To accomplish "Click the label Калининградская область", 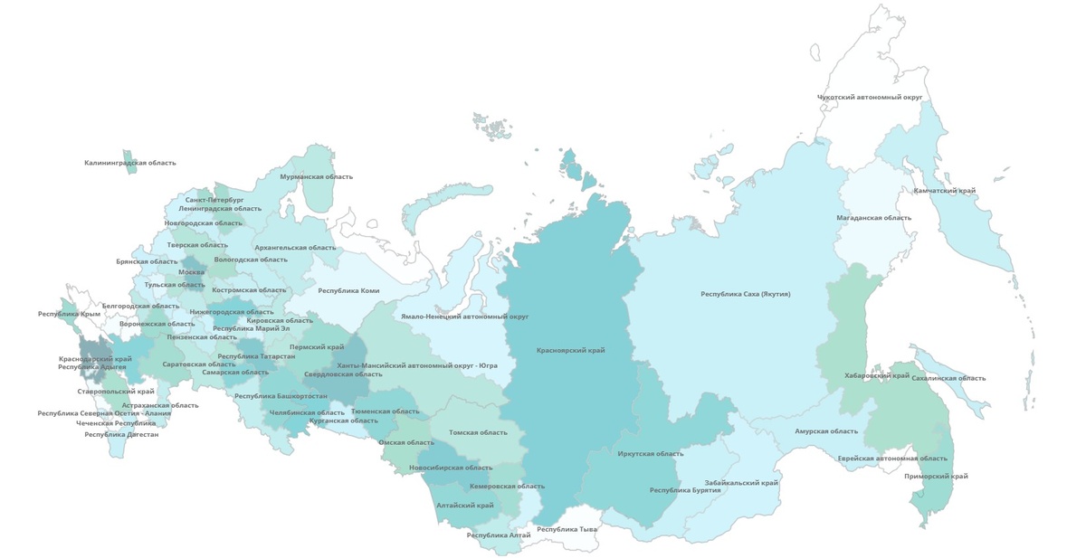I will (130, 164).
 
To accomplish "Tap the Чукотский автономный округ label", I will (869, 97).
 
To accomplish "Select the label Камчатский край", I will (944, 192).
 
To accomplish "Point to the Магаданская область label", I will (873, 218).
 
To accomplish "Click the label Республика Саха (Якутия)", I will (746, 294).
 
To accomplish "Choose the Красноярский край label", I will (570, 350).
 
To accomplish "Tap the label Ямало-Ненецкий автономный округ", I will (465, 317).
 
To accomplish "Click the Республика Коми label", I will (348, 291).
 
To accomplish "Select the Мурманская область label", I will (314, 177).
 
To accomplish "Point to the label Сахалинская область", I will (948, 378).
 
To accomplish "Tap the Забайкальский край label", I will (741, 483).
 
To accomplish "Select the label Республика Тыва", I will (567, 529).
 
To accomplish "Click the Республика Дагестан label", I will (121, 435).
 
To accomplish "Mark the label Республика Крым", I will (69, 314).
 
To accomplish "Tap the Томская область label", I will (472, 433).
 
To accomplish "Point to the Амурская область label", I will (825, 432).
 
